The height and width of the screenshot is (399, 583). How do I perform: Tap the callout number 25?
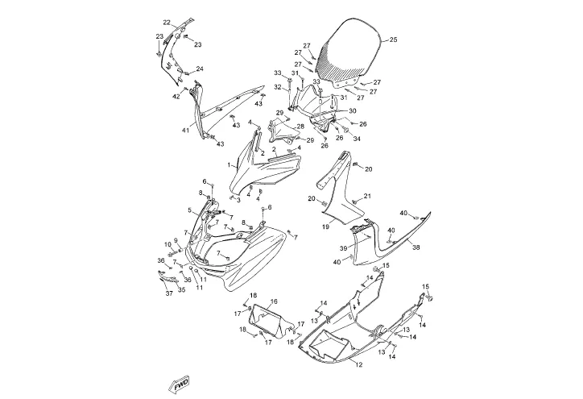393,39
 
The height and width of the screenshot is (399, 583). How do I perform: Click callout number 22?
167,22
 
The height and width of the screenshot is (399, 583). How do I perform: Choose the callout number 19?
325,228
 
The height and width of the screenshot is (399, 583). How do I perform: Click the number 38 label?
416,248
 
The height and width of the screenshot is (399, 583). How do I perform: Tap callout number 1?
229,165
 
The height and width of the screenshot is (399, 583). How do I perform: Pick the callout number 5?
190,211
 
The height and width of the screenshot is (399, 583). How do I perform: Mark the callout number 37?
169,293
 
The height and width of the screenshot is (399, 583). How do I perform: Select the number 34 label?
356,138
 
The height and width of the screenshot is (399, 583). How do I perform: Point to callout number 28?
300,127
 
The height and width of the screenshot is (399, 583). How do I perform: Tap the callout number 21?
366,196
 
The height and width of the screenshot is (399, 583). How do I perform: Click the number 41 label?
185,131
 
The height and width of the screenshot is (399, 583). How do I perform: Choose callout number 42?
175,96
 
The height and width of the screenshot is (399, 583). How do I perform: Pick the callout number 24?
200,69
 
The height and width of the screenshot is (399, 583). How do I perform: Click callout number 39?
342,248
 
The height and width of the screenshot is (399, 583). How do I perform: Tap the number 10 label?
167,244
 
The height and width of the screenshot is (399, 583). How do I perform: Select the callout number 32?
278,87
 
